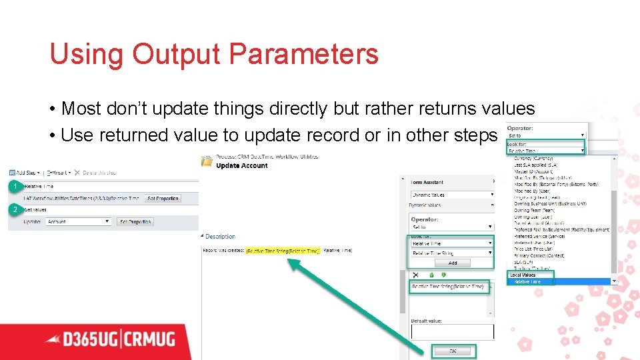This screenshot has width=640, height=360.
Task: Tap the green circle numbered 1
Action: coord(15,187)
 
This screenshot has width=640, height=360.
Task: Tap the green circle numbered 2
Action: coord(15,209)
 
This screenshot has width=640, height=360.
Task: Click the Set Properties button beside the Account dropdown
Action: coord(135,221)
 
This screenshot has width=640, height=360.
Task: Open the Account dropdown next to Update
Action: coord(79,221)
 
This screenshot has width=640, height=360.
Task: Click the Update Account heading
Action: coord(242,165)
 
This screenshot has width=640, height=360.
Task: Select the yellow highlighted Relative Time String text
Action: coord(283,251)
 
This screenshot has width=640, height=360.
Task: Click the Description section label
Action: coord(220,237)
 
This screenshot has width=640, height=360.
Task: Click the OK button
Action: coord(453,351)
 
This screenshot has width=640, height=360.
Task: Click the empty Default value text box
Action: coord(452,331)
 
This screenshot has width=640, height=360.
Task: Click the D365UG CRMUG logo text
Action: coord(110,339)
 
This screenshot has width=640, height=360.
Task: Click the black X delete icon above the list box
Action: coord(415,274)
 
